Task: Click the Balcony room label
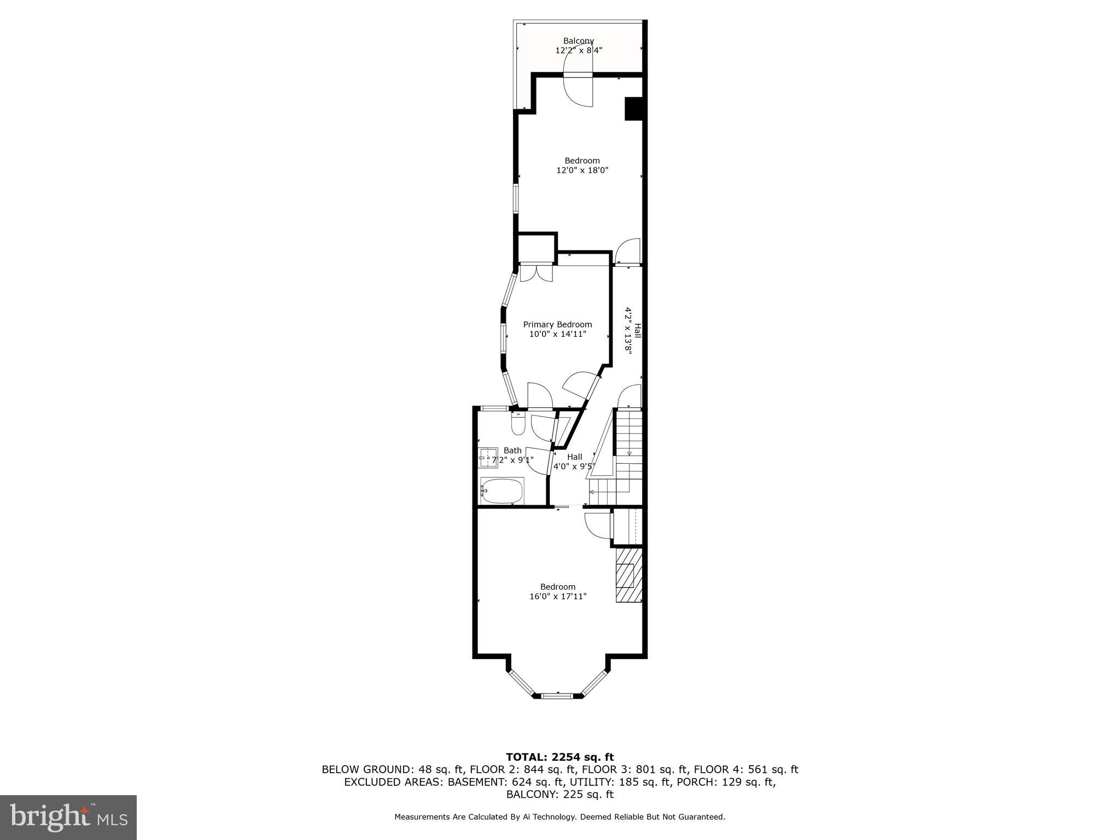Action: click(579, 41)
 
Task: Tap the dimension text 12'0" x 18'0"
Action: click(582, 170)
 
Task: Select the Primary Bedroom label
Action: click(557, 324)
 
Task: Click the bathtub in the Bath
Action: click(502, 491)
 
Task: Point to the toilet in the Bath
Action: click(518, 424)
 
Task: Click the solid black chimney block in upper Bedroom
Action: click(633, 108)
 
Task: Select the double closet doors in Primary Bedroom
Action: click(536, 272)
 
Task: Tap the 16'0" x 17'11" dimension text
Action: click(558, 596)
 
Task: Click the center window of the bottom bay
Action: click(557, 696)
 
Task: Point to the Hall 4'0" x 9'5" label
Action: click(574, 462)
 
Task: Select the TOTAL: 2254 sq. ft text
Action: click(559, 757)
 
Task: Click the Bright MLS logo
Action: click(68, 817)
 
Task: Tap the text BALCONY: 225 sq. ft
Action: click(559, 795)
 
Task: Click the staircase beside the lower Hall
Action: click(629, 457)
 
